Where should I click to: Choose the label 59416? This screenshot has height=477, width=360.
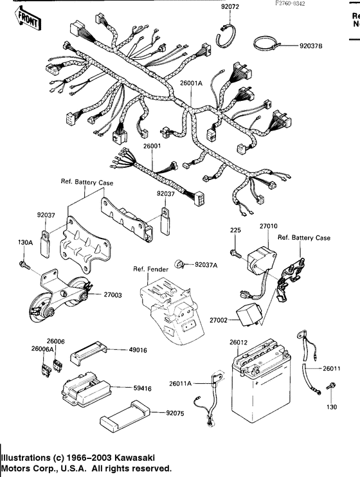coord(139,389)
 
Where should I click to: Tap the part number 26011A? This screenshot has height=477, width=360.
coord(181,383)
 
